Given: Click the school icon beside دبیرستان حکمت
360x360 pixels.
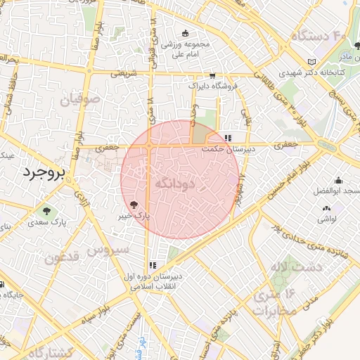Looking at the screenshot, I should point(227,139).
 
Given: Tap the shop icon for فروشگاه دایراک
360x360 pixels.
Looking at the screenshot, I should point(212,75).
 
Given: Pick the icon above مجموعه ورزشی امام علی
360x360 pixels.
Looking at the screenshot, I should point(186,33).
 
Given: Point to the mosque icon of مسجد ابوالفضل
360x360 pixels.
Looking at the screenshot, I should point(339,180).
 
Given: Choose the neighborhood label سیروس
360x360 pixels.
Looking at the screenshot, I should point(109,249).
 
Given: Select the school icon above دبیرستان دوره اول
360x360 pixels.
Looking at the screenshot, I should point(152,266).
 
